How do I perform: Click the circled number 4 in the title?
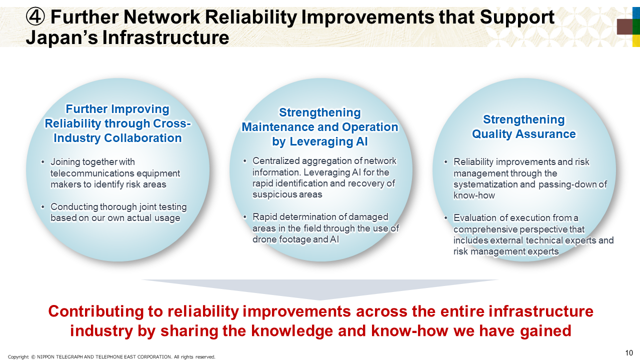coord(35,17)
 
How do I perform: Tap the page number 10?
coord(629,353)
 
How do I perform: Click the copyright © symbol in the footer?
coord(33,357)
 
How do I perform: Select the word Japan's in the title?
coord(62,37)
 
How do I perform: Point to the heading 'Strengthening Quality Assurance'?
coord(523,126)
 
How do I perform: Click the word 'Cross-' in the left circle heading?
coord(171,123)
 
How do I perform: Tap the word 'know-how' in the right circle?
coord(474,195)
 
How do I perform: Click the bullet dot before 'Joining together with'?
coord(42,162)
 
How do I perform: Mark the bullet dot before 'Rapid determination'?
coord(244,217)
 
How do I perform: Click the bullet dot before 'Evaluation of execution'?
coord(445,218)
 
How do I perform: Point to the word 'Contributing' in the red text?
coord(95,311)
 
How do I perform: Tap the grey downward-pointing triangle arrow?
coord(319,289)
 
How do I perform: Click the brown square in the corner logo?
coord(625,27)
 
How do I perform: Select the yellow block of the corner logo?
coord(636,40)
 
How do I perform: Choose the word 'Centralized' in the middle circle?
coord(276,161)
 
